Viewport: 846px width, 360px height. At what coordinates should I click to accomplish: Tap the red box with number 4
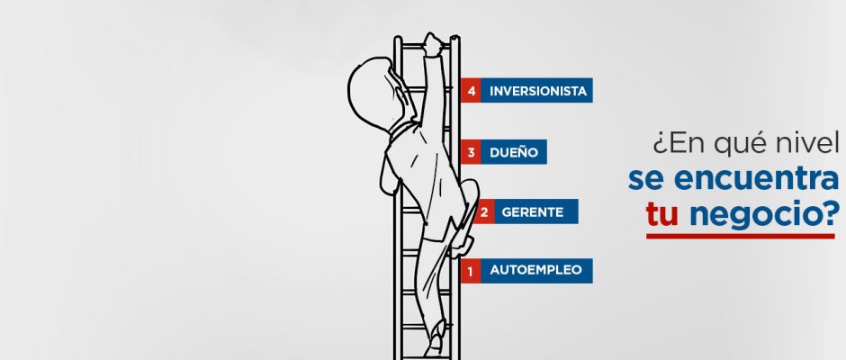point(471,90)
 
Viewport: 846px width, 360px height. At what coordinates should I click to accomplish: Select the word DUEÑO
point(514,152)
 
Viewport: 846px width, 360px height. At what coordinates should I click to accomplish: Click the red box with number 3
point(471,152)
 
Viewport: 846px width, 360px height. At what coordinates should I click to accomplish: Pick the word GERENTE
point(533,211)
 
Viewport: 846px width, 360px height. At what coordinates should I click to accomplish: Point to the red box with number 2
point(484,211)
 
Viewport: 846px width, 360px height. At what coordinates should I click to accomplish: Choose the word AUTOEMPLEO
point(535,270)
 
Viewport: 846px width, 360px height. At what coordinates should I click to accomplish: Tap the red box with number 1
point(471,271)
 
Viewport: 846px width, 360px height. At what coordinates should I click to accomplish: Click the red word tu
point(661,213)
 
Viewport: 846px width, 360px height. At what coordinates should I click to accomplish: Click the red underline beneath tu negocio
point(740,236)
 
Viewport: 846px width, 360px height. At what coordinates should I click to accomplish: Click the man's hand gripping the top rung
point(434,43)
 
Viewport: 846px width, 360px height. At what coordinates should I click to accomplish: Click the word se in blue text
point(646,180)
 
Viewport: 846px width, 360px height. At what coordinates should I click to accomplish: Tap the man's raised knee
point(470,192)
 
